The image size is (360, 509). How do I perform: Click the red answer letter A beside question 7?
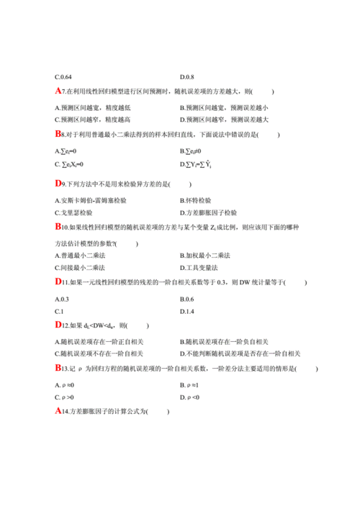58,91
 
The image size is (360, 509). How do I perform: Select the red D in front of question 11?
58,281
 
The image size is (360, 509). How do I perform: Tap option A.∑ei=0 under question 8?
66,151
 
